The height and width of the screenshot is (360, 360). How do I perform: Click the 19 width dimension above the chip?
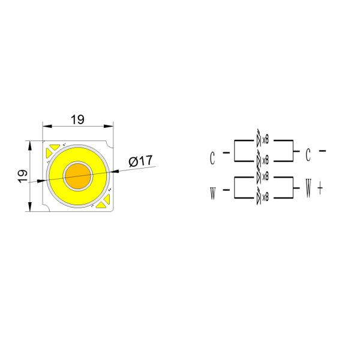tap(77, 119)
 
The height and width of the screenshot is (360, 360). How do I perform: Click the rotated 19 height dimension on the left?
tap(22, 176)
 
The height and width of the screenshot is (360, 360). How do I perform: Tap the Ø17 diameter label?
tap(140, 161)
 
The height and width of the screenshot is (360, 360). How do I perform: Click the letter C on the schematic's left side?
tap(212, 158)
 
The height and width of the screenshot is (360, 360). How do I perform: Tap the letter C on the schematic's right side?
tap(308, 155)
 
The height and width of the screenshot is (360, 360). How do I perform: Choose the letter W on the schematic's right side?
tap(308, 191)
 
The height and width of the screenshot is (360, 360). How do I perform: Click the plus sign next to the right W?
tap(320, 190)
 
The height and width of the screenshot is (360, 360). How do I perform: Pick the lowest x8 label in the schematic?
tap(265, 196)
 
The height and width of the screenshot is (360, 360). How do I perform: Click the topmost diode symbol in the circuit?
tap(259, 139)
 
